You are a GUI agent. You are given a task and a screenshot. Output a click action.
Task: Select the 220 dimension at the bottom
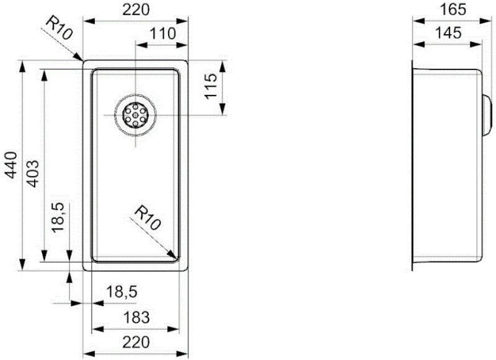tap(136, 342)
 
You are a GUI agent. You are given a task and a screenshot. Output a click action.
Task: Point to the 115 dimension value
tap(211, 87)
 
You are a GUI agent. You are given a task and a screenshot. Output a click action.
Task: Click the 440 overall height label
tap(10, 166)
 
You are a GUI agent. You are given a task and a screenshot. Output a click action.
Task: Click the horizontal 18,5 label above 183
tap(119, 292)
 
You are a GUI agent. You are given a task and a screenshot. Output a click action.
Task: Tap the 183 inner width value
tap(136, 317)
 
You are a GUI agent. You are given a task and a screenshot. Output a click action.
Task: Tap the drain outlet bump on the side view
tap(486, 115)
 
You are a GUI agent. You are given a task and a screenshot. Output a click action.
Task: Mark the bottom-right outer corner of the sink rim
tap(187, 271)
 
